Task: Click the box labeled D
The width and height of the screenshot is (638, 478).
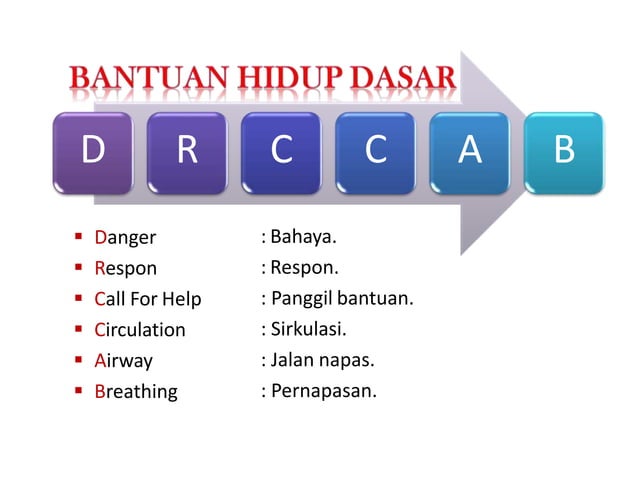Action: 93,152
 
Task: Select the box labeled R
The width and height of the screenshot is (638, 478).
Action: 187,152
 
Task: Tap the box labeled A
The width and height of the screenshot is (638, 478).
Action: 470,152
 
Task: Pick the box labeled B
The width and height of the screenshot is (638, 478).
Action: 564,152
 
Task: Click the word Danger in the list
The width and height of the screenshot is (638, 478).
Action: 125,239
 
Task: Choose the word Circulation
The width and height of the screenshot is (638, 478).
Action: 140,329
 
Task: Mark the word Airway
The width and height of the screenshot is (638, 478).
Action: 123,360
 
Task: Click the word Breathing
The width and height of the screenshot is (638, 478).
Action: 135,391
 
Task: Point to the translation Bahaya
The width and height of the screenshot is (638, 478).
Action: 303,238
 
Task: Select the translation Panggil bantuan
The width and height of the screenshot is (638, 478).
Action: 341,298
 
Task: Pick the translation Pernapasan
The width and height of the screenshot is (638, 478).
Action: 323,390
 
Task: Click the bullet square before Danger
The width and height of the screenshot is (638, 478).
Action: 78,238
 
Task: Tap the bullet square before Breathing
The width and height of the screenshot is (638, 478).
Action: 78,390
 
